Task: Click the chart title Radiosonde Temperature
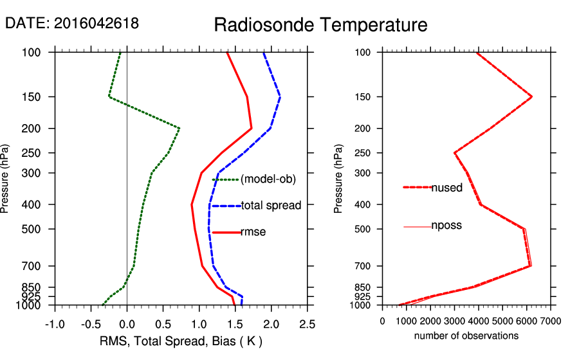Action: click(320, 25)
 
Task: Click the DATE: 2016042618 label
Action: click(71, 23)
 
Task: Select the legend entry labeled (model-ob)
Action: click(268, 179)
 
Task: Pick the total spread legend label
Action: click(271, 206)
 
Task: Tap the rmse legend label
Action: click(253, 232)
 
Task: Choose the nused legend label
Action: click(446, 188)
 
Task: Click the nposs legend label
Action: click(446, 226)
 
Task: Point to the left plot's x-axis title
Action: click(180, 340)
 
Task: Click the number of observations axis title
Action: click(466, 336)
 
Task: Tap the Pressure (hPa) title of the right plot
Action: click(338, 179)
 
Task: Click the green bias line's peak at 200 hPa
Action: click(179, 129)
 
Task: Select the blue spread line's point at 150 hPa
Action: click(280, 97)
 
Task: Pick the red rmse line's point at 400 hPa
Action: click(191, 204)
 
